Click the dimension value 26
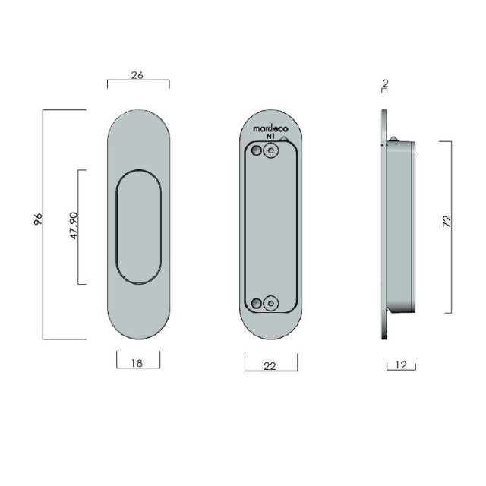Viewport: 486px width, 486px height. click(x=137, y=74)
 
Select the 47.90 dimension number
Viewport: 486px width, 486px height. click(x=74, y=226)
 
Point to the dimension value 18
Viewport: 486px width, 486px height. click(x=137, y=363)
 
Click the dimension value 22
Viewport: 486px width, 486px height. click(x=270, y=365)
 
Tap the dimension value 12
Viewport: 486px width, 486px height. click(x=401, y=365)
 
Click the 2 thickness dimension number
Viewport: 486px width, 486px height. click(x=385, y=82)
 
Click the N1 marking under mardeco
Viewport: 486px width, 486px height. click(x=270, y=138)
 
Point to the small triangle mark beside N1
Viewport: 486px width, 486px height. click(x=284, y=139)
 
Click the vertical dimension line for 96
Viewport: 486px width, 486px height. click(x=43, y=225)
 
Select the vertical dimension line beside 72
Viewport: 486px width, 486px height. click(x=453, y=226)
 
